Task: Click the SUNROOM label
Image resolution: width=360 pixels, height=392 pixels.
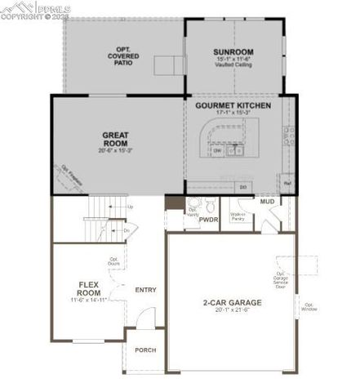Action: [234, 51]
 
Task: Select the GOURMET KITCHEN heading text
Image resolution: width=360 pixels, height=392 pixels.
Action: [233, 106]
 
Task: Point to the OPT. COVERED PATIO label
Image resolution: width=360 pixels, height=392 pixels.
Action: [124, 56]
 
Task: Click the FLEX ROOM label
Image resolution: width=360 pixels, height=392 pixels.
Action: [89, 288]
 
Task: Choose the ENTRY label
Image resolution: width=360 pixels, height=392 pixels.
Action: [146, 289]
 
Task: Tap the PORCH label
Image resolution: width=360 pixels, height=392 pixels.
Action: [146, 351]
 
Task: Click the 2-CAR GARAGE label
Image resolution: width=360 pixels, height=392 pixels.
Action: [233, 302]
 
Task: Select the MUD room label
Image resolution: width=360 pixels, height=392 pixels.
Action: [267, 201]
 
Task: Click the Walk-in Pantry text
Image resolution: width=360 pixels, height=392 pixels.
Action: [238, 216]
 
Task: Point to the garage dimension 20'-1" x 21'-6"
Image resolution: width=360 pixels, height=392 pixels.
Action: [233, 310]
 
